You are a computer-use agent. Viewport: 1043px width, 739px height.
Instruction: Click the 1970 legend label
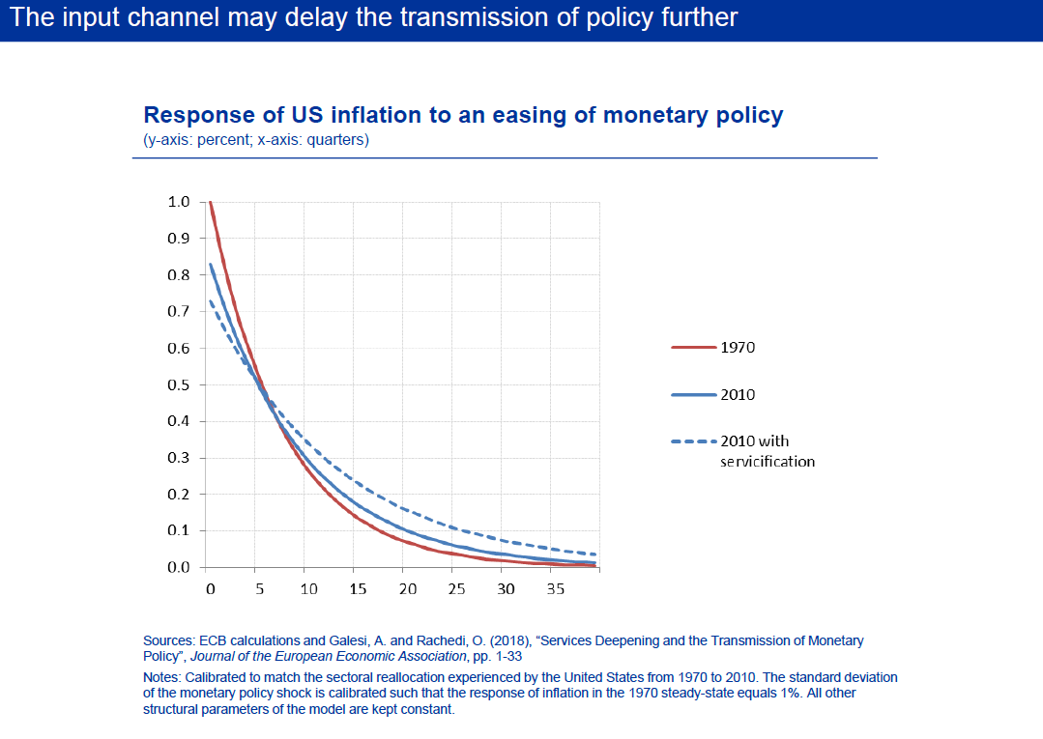[738, 348]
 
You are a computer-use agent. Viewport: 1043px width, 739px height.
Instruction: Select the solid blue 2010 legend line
[693, 395]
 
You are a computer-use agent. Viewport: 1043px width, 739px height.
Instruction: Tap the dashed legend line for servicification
[693, 441]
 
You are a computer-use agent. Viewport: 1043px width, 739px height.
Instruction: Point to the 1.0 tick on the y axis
[179, 202]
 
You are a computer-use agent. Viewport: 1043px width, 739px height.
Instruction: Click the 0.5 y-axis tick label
[179, 384]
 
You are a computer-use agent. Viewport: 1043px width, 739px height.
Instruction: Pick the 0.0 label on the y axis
[179, 567]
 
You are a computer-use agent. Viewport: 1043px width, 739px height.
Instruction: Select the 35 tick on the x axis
[556, 588]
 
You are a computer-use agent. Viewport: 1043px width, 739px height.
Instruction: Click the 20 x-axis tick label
[407, 588]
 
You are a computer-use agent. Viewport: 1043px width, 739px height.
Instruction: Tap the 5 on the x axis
[259, 588]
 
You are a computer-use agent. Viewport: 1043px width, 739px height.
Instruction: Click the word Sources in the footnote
[167, 640]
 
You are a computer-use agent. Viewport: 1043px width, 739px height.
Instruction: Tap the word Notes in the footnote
[161, 677]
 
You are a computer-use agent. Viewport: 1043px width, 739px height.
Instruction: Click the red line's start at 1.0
[210, 202]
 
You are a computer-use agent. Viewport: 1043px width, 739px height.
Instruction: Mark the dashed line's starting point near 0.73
[210, 300]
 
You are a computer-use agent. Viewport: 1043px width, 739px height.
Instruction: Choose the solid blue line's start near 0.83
[210, 264]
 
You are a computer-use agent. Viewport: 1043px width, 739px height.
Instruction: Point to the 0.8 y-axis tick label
[179, 274]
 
